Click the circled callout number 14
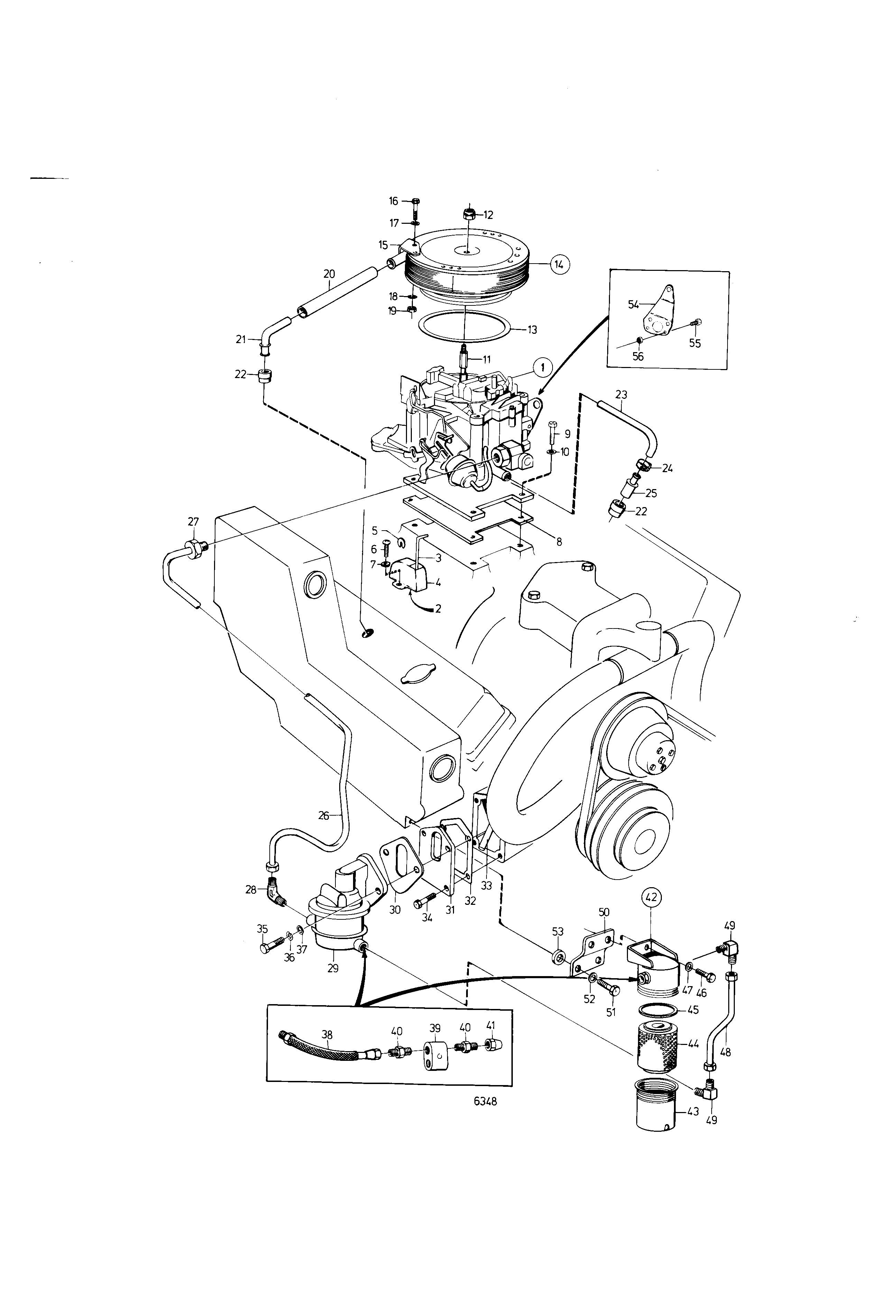559,265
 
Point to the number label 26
324,815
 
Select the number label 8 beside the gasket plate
559,542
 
